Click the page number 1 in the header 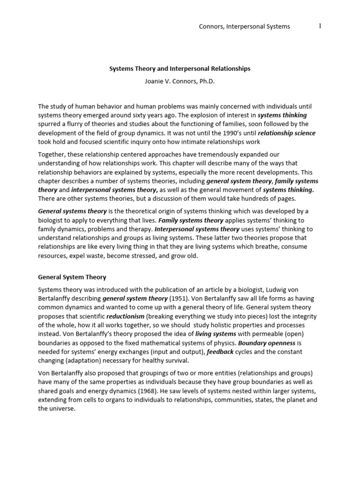320,26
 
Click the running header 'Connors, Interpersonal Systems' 244,27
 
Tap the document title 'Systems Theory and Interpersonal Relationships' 180,68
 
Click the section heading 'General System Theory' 72,277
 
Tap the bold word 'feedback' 220,352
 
